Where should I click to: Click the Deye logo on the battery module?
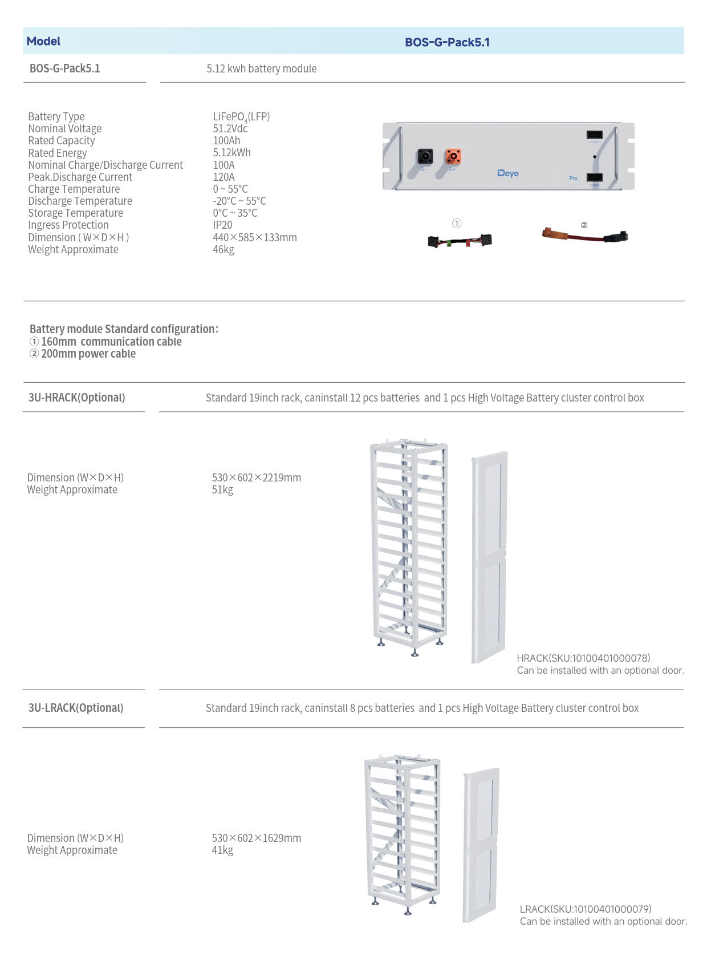[x=507, y=173]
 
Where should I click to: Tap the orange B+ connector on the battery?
[x=453, y=156]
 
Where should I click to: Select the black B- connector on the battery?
[x=425, y=156]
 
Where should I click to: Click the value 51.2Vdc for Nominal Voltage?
[x=230, y=128]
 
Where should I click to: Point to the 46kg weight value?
[x=224, y=249]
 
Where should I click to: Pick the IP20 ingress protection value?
[x=222, y=225]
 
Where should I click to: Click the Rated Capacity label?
[x=62, y=140]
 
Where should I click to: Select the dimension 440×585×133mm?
[x=255, y=237]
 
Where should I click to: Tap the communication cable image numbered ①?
[x=460, y=241]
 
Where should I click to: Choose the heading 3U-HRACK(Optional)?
[x=77, y=398]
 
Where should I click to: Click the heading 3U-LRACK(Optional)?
[x=76, y=708]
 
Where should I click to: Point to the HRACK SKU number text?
[x=583, y=658]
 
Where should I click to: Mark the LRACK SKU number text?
[x=586, y=909]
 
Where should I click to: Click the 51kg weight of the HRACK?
[x=222, y=489]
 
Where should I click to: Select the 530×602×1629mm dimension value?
[x=257, y=838]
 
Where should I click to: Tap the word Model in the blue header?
[x=43, y=41]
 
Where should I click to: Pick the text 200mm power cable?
[x=88, y=354]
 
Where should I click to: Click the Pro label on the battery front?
[x=573, y=178]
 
